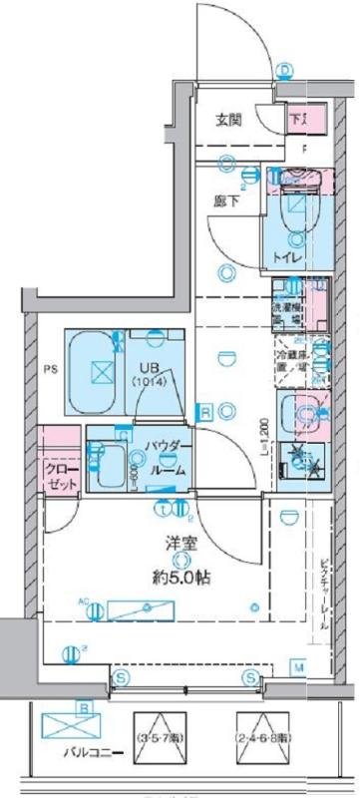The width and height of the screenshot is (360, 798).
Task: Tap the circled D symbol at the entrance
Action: (x=286, y=70)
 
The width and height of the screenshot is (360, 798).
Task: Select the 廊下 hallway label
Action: (x=225, y=199)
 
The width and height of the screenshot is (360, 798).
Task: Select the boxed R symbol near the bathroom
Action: (x=203, y=411)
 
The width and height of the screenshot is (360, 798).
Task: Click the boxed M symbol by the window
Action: (x=298, y=665)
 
